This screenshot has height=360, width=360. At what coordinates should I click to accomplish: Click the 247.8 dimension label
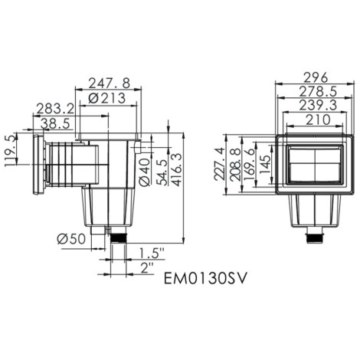[x=110, y=83]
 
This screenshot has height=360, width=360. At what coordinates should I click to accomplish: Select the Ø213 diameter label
[x=106, y=99]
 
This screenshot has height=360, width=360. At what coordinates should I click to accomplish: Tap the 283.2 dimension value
[x=55, y=109]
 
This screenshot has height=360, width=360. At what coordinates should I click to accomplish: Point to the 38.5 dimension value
[x=55, y=124]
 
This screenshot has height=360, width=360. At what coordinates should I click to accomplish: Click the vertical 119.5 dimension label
[x=10, y=151]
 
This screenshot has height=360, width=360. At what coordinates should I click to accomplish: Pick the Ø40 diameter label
[x=145, y=172]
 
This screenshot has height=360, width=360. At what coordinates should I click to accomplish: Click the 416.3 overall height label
[x=177, y=169]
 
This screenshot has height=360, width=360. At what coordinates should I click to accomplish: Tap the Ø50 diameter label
[x=71, y=239]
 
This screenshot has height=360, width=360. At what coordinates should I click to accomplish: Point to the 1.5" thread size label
[x=151, y=254]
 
